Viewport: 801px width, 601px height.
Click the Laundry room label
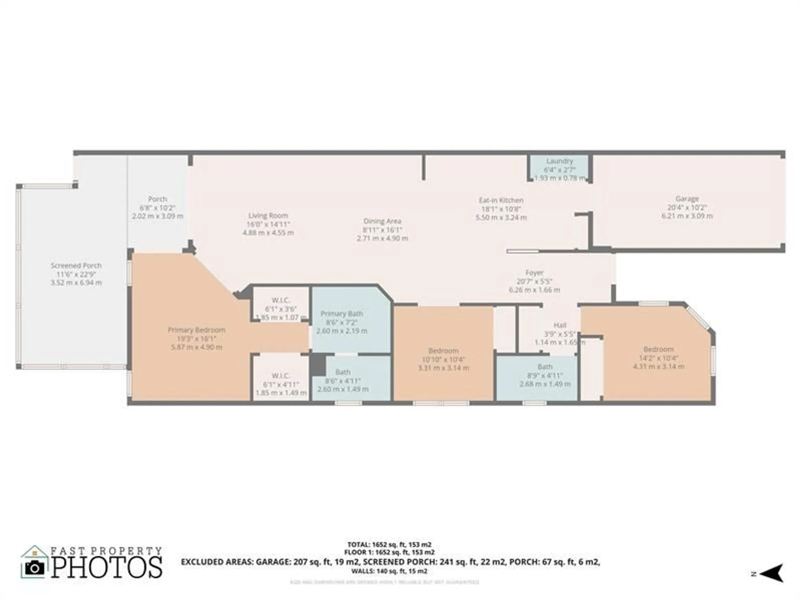559,161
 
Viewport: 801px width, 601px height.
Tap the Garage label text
687,199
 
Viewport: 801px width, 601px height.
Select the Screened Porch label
76,266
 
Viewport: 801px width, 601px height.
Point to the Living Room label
268,216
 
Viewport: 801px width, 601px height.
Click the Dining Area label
382,221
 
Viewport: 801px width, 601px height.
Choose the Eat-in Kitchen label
501,200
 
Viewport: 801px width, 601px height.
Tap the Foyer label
534,273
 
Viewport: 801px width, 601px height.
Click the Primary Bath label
342,314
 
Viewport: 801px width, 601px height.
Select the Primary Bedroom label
196,330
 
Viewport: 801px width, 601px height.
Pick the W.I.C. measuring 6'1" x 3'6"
280,300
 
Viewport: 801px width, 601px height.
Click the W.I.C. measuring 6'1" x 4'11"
280,376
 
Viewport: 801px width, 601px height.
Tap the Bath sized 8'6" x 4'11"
343,372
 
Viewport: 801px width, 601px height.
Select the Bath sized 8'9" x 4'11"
545,367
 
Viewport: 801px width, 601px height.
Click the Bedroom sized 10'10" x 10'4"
443,351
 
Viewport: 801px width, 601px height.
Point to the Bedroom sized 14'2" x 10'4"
658,349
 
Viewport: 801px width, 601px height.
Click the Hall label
559,325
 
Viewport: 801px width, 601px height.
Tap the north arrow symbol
772,573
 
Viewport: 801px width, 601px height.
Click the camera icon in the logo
34,567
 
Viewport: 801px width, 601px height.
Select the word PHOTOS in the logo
107,567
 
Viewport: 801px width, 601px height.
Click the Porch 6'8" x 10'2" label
157,199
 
